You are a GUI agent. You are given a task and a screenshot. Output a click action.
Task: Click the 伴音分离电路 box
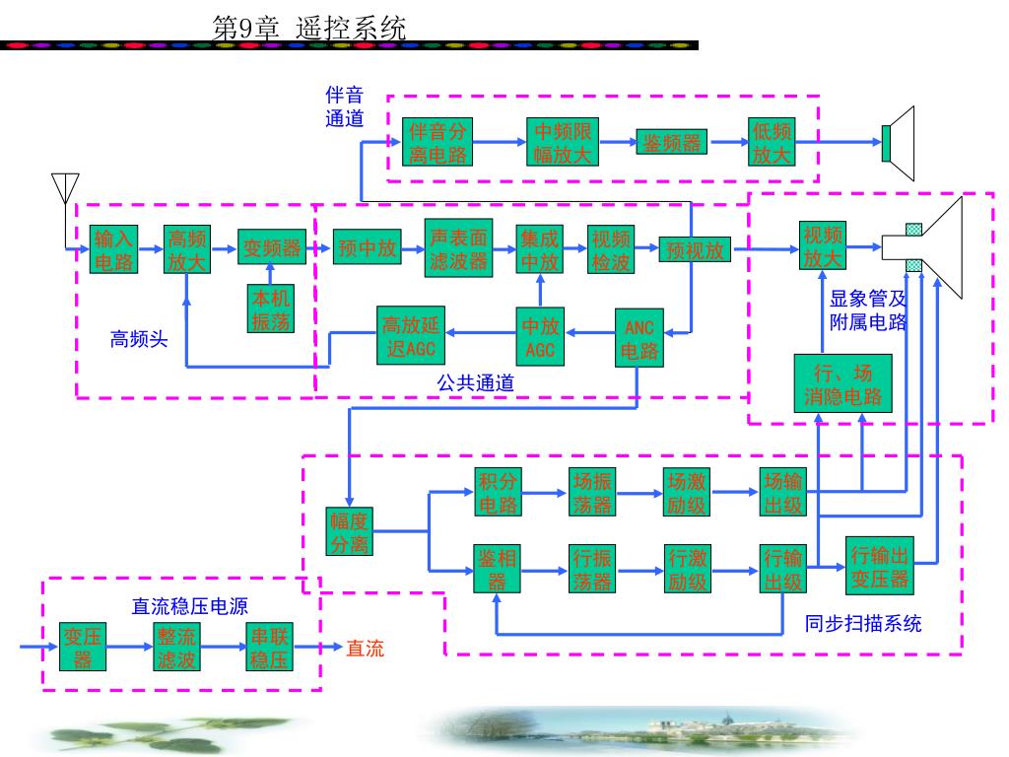(x=439, y=143)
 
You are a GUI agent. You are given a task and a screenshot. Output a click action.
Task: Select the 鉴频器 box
(x=673, y=143)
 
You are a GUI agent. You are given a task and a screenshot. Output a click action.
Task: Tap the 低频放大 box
(x=772, y=143)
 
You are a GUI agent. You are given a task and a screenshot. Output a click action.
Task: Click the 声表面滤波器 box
(x=459, y=248)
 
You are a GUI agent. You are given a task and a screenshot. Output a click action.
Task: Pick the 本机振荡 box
(x=270, y=309)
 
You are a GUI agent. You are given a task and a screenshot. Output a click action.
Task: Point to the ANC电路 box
(x=639, y=338)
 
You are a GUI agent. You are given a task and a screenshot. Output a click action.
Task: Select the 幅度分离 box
(x=350, y=530)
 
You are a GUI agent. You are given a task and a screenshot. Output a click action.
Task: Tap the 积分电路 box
(x=499, y=493)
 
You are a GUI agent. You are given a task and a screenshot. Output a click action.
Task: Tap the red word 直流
(x=365, y=649)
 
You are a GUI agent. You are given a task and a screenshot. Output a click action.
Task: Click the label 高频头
(x=138, y=341)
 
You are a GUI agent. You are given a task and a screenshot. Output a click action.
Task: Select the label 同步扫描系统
(x=863, y=623)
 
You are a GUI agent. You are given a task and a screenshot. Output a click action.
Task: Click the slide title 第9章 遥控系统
(x=308, y=28)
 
